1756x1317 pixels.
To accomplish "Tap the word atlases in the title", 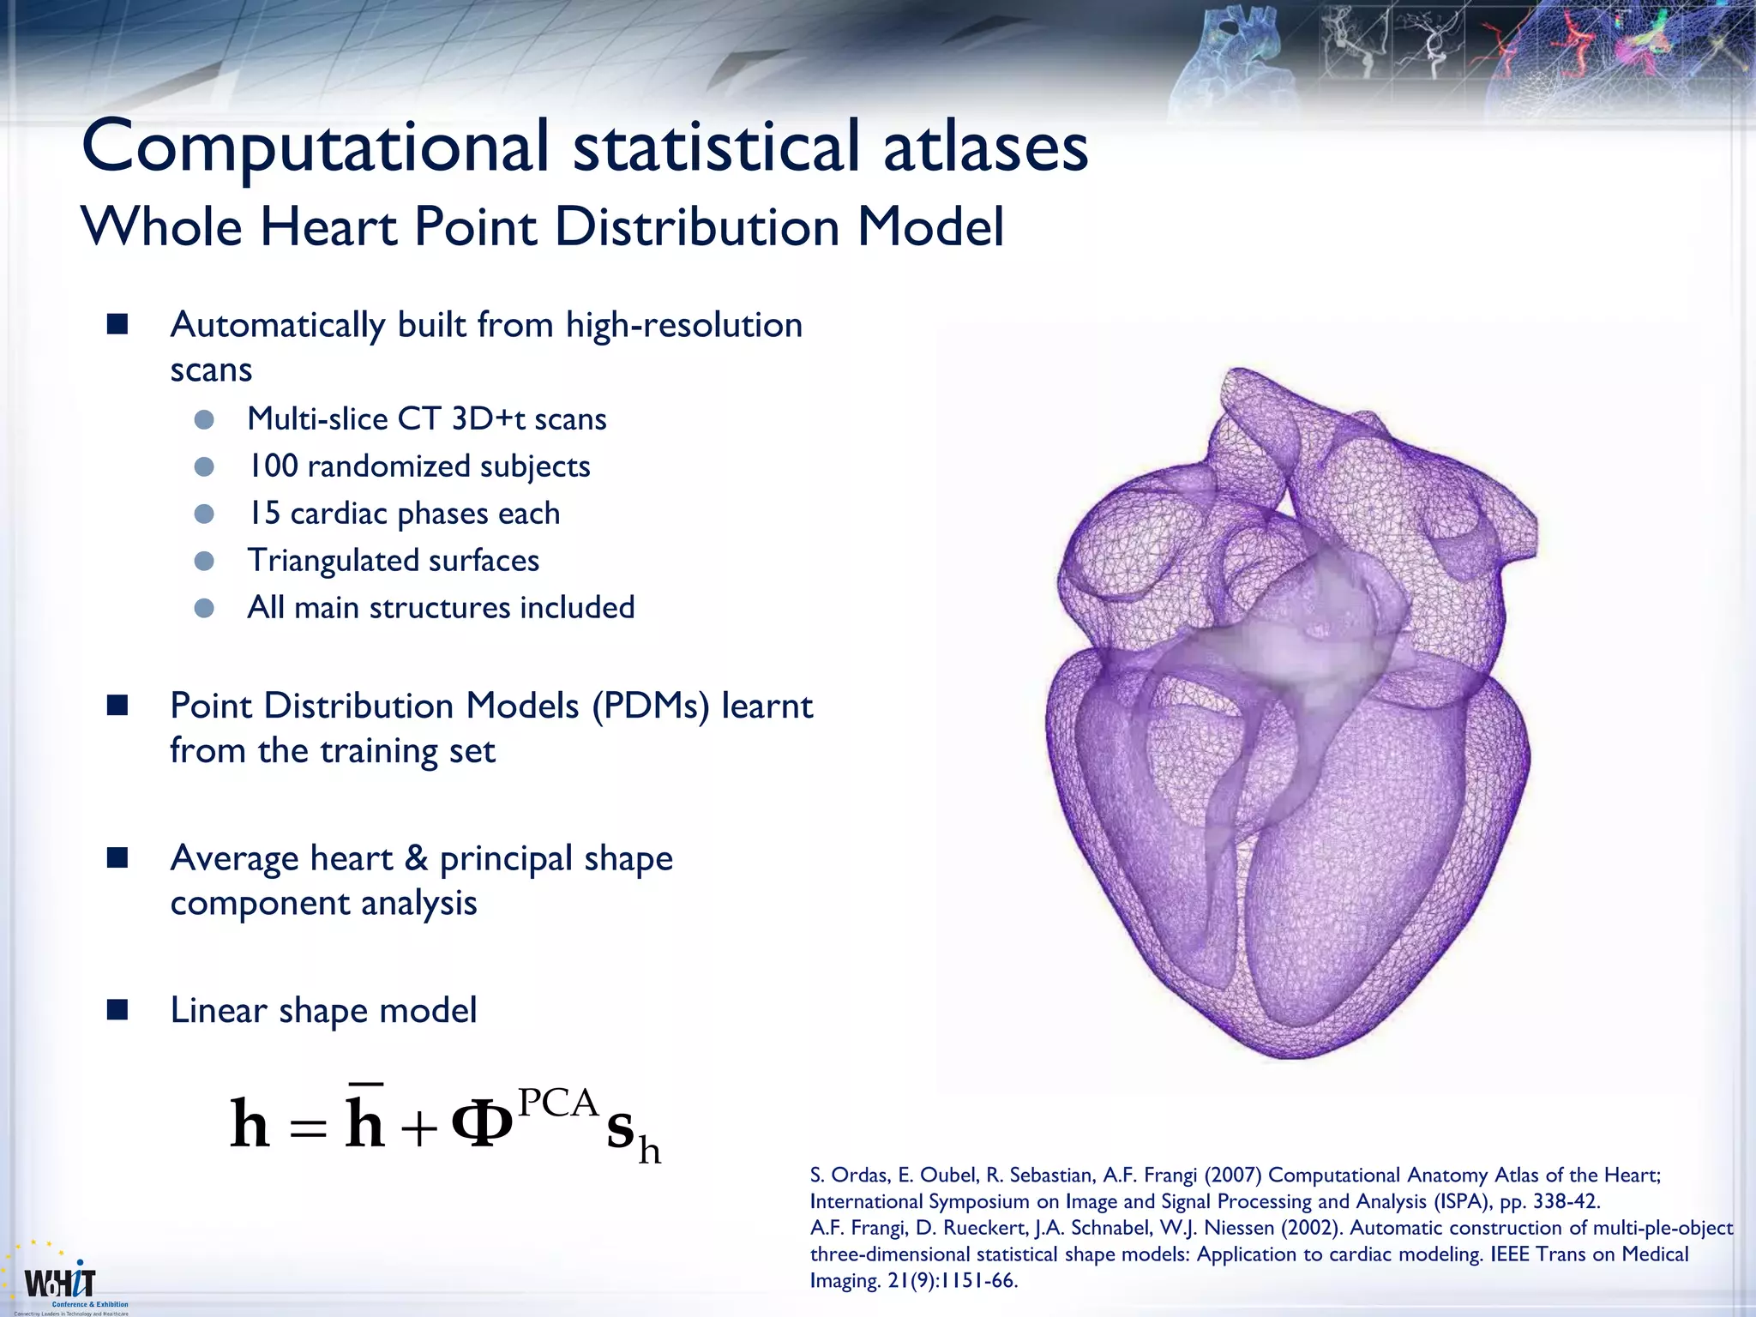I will tap(985, 147).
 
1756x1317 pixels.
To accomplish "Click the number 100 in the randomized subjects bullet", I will tap(273, 466).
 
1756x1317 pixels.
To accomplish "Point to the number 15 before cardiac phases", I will tap(264, 514).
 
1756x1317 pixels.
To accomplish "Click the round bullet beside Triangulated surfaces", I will tap(204, 562).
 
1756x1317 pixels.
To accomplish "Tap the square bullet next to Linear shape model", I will tap(117, 1010).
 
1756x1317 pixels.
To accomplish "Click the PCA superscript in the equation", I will tap(557, 1104).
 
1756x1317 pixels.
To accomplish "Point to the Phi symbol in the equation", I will tap(481, 1126).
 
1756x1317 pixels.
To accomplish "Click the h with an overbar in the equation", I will tap(364, 1119).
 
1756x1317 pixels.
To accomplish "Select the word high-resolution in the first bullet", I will tap(684, 326).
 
